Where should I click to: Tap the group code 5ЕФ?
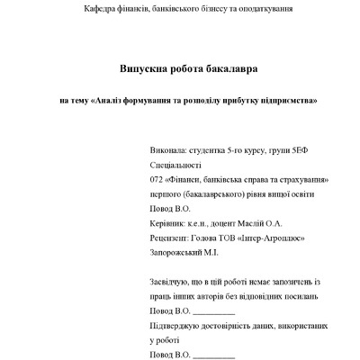click(x=306, y=153)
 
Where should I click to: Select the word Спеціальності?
click(x=177, y=166)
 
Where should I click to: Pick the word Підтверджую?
click(x=179, y=326)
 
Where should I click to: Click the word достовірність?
click(x=246, y=326)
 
